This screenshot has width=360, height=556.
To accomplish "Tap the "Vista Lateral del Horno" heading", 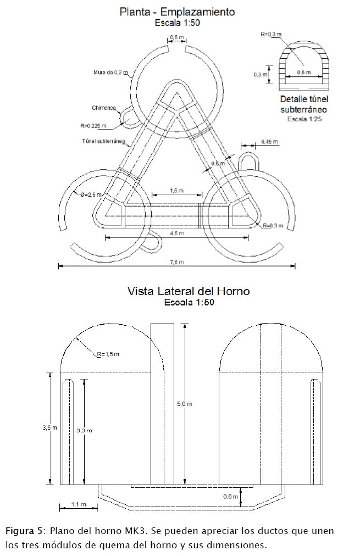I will point(189,291).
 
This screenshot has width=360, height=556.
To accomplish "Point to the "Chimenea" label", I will point(103,108).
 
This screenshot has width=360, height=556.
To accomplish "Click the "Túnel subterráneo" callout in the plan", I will point(101,141).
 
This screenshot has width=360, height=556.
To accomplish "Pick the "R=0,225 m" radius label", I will point(92,126).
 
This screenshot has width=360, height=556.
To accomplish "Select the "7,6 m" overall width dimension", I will point(177,262).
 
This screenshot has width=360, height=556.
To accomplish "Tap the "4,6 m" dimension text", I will point(177,233).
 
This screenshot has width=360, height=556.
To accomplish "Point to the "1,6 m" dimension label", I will point(177,190).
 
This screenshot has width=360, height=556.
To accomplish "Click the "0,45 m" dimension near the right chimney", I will point(270,142).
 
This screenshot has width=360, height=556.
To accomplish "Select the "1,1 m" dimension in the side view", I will point(79,504).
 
